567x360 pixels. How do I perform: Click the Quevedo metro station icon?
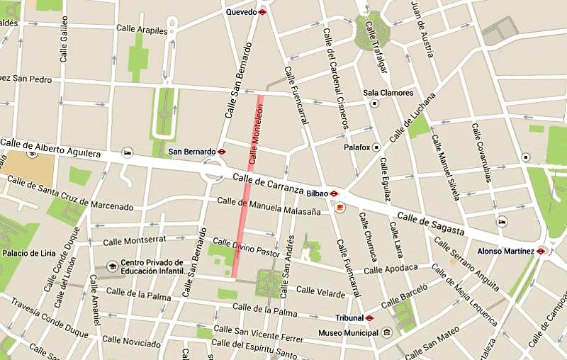(262, 12)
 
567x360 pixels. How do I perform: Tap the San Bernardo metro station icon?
(222, 152)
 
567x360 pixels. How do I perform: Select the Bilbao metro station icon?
(334, 193)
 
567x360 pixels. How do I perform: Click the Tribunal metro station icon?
(369, 317)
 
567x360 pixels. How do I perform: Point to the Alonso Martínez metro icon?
(541, 250)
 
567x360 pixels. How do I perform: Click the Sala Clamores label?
(388, 93)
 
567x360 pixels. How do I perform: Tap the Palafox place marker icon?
(376, 147)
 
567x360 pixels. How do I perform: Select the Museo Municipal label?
(349, 332)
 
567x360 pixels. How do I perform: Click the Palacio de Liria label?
(33, 253)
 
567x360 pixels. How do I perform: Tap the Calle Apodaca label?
(391, 269)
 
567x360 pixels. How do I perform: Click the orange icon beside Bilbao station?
(340, 207)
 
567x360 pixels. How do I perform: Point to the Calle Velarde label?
(320, 290)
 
